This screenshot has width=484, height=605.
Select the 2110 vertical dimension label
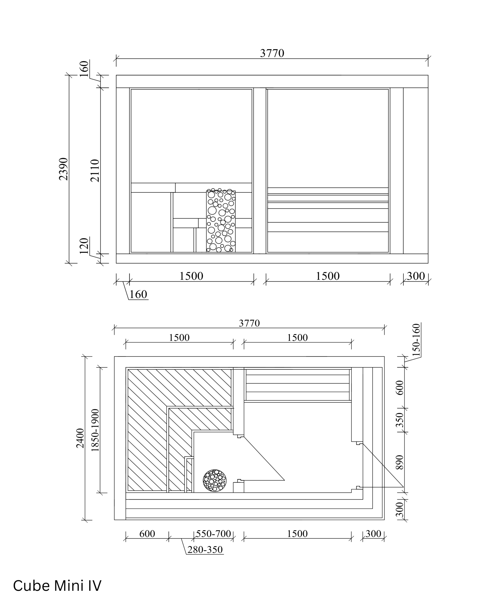[x=95, y=171]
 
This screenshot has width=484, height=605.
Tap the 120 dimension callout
[x=84, y=246]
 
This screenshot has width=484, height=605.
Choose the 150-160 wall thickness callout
[x=417, y=340]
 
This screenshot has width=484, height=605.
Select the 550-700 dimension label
[x=213, y=533]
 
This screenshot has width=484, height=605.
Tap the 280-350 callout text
[x=205, y=549]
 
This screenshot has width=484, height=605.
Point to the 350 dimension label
[x=400, y=420]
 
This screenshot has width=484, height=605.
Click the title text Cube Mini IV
[x=57, y=586]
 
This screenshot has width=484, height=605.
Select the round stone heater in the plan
[x=215, y=480]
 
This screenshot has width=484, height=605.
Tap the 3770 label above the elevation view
[x=272, y=53]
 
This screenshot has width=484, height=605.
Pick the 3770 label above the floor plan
[x=249, y=323]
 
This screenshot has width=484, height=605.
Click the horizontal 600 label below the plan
[x=147, y=533]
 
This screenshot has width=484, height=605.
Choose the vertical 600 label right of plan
[x=400, y=388]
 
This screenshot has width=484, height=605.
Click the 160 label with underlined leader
[x=138, y=294]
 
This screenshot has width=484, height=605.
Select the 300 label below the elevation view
[x=416, y=276]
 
